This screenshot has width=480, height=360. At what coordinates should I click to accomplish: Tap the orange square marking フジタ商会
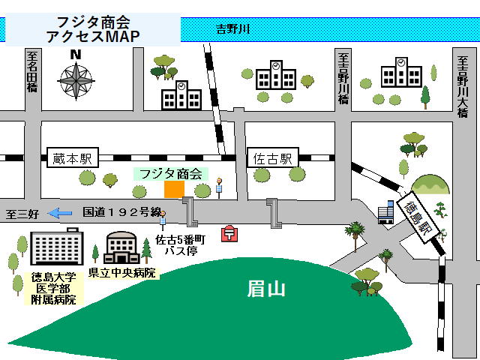pos(174,190)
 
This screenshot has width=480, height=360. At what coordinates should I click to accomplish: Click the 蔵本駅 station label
pos(72,159)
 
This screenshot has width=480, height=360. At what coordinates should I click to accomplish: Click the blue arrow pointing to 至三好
pos(61,213)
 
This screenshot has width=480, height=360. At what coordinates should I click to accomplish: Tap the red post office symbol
pos(227,234)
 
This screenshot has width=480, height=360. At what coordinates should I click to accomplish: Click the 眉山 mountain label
pos(266,288)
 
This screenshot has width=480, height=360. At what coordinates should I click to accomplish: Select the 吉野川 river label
pos(233,30)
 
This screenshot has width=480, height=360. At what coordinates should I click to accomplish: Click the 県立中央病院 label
pos(122,273)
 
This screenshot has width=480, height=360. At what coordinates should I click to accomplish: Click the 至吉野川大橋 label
pos(463,85)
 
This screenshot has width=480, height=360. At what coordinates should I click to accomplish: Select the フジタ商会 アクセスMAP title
pos(93,29)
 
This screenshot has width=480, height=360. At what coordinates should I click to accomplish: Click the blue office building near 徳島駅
pos(386,212)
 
